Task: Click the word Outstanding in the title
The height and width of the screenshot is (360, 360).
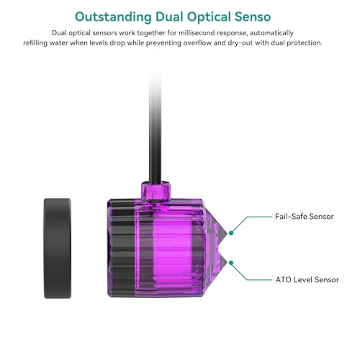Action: click(x=113, y=17)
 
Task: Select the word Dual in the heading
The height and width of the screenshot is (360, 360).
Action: click(x=169, y=17)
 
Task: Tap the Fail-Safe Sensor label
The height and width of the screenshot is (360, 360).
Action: click(x=305, y=217)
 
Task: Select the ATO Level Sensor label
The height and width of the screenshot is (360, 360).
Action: click(x=307, y=279)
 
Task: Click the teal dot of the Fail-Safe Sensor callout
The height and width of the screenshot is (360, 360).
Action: click(x=231, y=233)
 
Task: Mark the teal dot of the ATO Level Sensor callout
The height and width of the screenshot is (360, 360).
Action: click(x=231, y=263)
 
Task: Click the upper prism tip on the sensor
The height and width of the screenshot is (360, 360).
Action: click(x=227, y=233)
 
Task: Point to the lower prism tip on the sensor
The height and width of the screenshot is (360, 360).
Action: click(x=227, y=263)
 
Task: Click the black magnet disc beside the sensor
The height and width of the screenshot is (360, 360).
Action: click(x=58, y=248)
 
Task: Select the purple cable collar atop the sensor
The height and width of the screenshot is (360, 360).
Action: click(x=156, y=192)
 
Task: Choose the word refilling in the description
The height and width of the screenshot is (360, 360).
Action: click(x=35, y=43)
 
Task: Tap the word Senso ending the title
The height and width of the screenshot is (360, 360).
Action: click(x=253, y=17)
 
